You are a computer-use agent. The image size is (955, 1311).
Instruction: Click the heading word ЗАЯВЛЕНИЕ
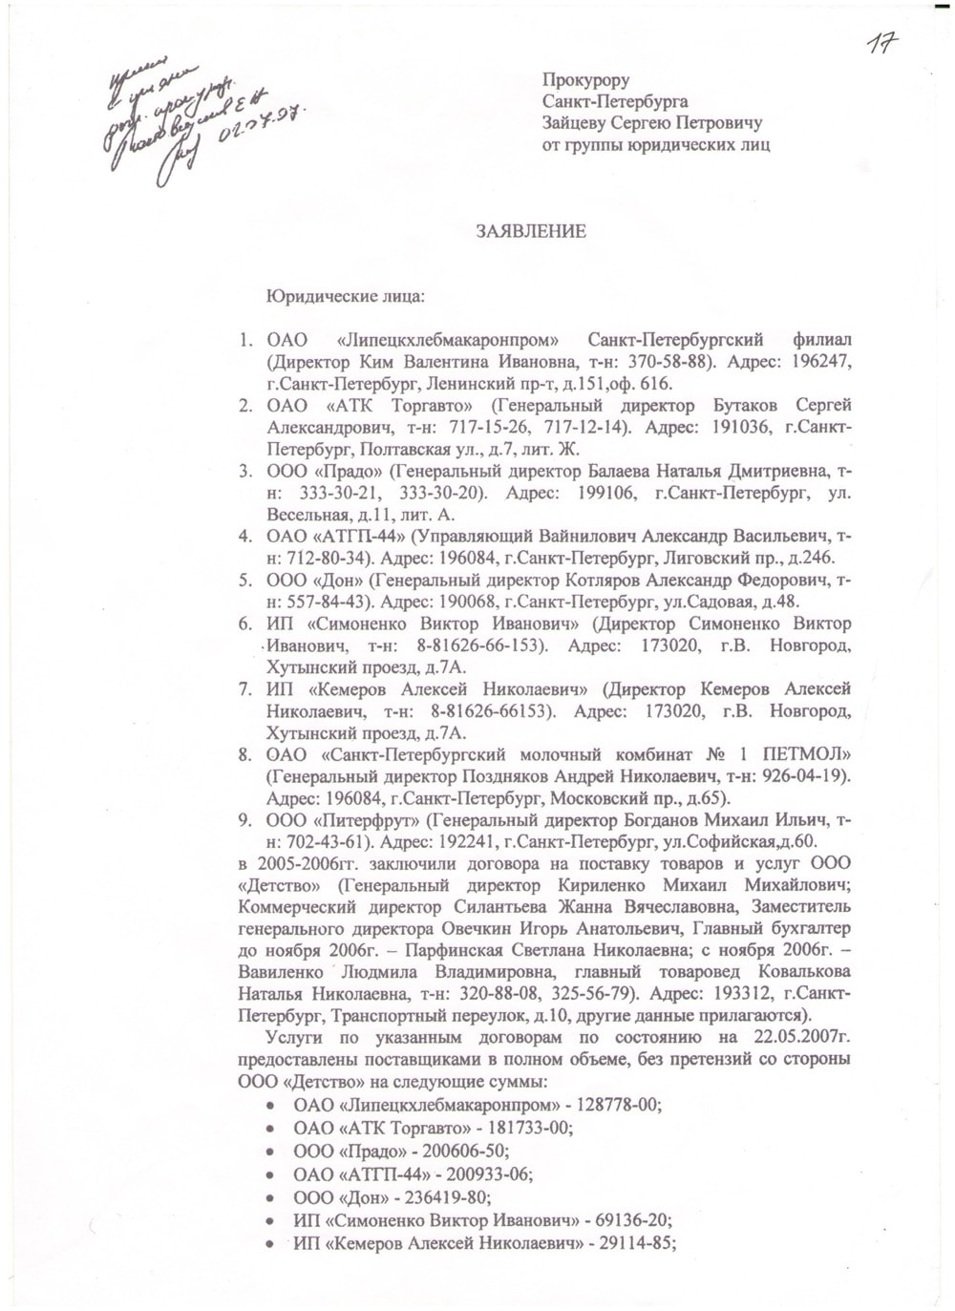531,232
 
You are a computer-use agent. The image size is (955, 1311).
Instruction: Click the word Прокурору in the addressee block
585,80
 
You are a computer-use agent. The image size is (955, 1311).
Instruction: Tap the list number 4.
244,537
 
